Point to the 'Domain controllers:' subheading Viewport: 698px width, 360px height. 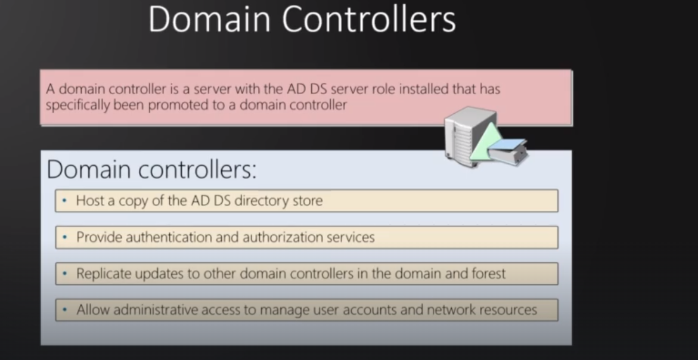coord(151,170)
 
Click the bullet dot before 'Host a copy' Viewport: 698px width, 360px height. coord(64,201)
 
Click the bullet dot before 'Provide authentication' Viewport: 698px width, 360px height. coord(64,237)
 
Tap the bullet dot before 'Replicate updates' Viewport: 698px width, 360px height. coord(64,274)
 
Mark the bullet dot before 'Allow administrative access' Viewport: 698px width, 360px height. coord(64,310)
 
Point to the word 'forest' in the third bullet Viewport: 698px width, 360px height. coord(487,274)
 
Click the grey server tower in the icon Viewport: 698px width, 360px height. coord(462,136)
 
